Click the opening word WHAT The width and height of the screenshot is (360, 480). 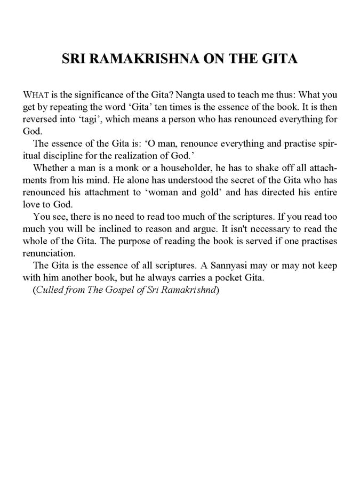pos(36,94)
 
